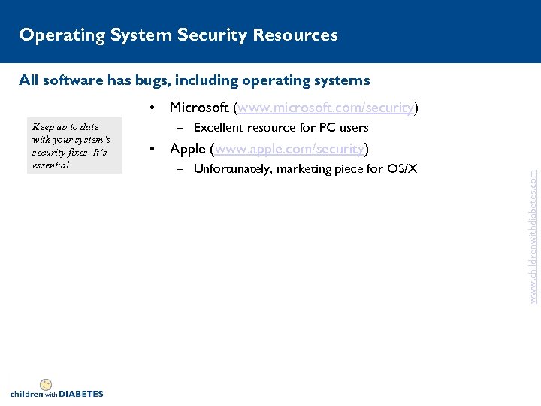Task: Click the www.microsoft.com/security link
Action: pos(325,108)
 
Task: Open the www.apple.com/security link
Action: pos(290,148)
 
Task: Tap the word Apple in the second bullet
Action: pos(188,148)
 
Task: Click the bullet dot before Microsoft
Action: pos(153,108)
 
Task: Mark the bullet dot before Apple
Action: pos(153,148)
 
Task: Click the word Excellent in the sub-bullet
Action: pos(222,128)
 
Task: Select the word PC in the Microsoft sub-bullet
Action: pos(330,128)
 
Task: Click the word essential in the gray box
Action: pos(52,165)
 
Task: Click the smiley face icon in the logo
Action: pos(45,384)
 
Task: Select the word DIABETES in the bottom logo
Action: pos(81,394)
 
